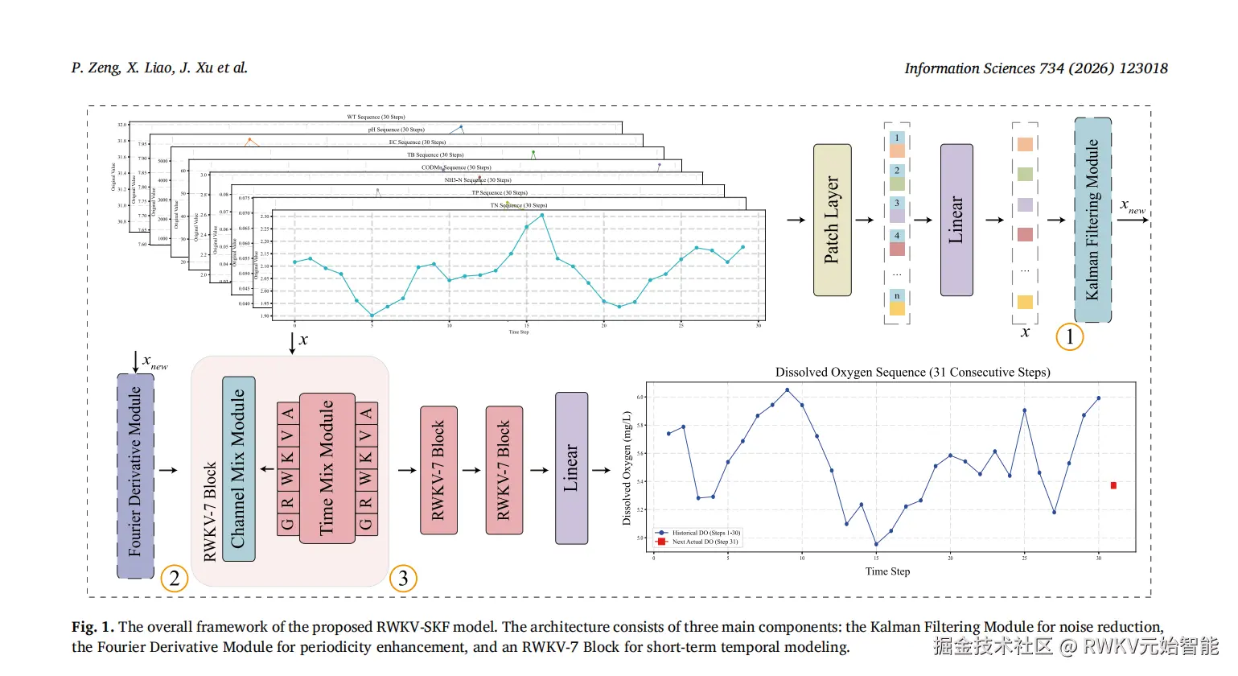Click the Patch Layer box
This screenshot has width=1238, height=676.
(x=832, y=220)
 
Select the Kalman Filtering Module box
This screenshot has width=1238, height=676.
(x=1092, y=220)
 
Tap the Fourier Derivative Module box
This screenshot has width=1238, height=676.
(x=135, y=476)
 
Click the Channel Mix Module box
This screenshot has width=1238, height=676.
(x=238, y=468)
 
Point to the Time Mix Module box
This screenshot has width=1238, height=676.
(x=327, y=468)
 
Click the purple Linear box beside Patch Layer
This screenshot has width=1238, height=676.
(x=956, y=220)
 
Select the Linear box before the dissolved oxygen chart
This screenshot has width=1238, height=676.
(x=571, y=468)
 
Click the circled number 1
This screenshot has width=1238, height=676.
(x=1069, y=336)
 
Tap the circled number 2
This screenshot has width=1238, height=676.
(x=175, y=579)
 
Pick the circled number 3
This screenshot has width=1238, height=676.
(x=403, y=579)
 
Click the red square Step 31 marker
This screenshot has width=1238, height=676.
(x=1113, y=485)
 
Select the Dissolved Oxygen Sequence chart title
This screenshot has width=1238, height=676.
(x=912, y=372)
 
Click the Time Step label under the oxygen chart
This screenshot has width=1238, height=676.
(x=887, y=571)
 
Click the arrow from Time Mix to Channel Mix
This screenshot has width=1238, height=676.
(x=267, y=469)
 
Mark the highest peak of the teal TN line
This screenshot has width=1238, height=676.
(x=542, y=215)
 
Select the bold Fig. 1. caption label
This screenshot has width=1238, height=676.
(x=93, y=627)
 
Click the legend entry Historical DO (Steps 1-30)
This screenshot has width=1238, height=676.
(x=705, y=533)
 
